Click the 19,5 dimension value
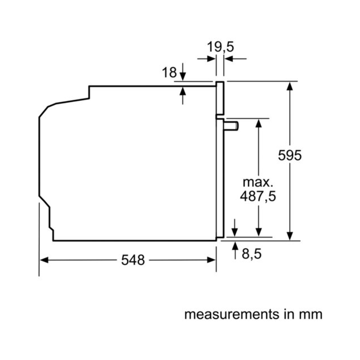coord(220,47)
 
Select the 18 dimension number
coord(169,73)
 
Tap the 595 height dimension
coord(290,155)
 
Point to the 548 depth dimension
coord(133,260)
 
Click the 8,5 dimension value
coord(251,254)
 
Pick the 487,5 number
coord(258,196)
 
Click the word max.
coord(258,182)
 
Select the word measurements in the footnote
coord(232,314)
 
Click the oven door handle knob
coord(231,126)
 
